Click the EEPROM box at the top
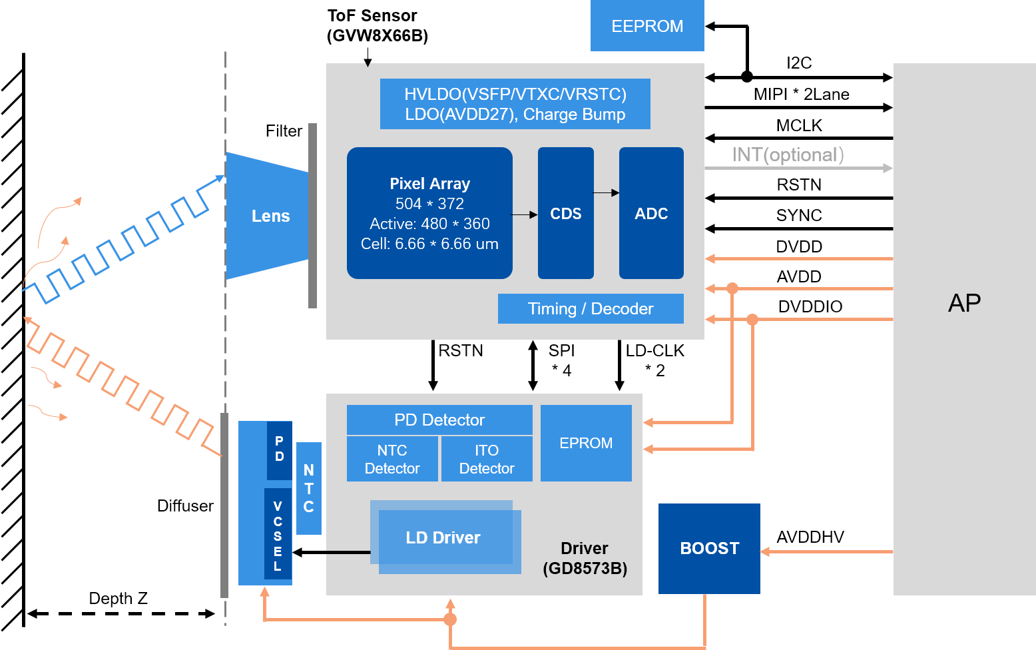[x=647, y=26]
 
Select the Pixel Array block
[x=429, y=213]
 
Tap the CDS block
[x=565, y=213]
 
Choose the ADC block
[x=651, y=213]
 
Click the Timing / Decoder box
[x=591, y=308]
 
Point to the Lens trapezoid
[x=270, y=216]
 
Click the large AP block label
[x=964, y=303]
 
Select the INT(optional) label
[x=788, y=155]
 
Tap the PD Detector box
[x=439, y=420]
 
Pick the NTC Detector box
[x=392, y=459]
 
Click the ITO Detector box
[x=487, y=459]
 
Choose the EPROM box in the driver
[x=586, y=443]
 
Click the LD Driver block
[x=443, y=537]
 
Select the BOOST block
[x=709, y=548]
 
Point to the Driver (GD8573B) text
[x=585, y=558]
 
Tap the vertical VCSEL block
[x=278, y=535]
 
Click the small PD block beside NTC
[x=279, y=450]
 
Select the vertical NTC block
[x=309, y=488]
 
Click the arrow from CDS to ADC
[x=606, y=193]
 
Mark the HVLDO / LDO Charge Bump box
[x=515, y=104]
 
